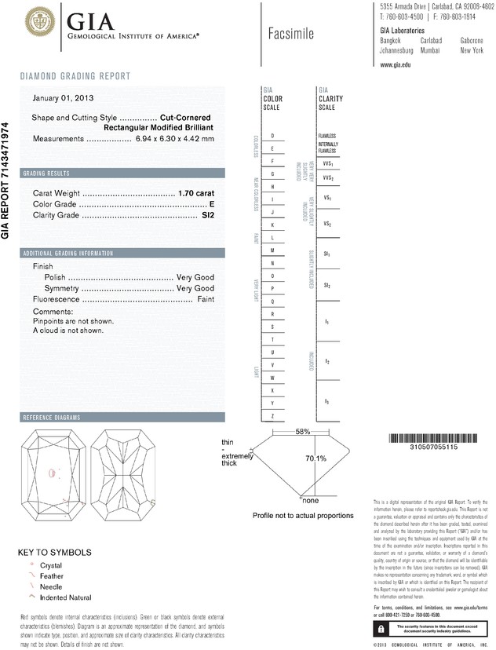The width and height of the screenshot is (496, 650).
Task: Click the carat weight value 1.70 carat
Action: [x=196, y=192]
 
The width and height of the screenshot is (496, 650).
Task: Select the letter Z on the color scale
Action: [x=272, y=415]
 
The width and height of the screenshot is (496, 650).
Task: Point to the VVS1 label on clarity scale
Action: [x=327, y=164]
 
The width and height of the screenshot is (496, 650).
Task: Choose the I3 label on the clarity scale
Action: [x=326, y=402]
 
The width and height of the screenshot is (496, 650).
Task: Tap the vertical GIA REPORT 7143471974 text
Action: [x=7, y=180]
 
